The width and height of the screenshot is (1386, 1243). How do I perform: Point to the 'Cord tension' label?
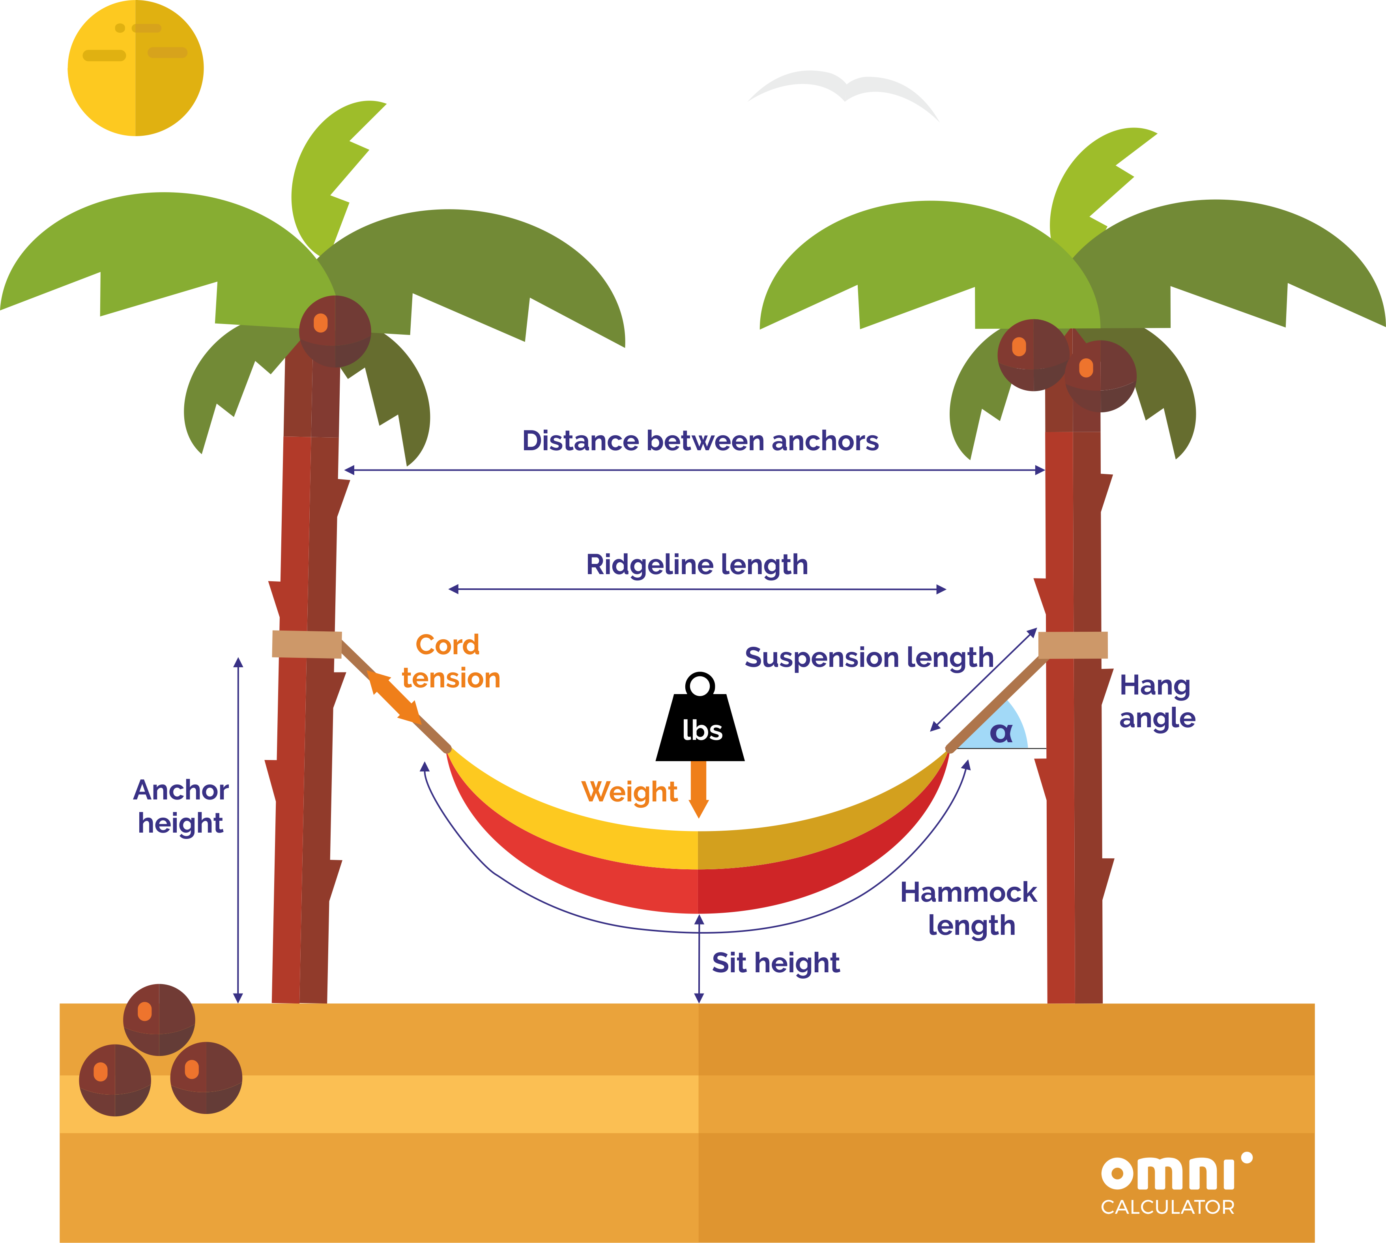coord(451,661)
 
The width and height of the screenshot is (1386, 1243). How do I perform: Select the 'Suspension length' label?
coord(868,658)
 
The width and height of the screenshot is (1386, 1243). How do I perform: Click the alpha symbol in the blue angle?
coord(1001,733)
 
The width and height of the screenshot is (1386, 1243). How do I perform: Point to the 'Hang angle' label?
coord(1157,702)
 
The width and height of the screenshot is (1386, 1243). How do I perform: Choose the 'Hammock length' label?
coord(969,909)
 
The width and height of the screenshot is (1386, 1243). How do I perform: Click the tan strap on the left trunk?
coord(307,644)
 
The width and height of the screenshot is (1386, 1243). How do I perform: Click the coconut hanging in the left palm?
coord(335,331)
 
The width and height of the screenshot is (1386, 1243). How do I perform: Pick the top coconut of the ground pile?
coord(159,1020)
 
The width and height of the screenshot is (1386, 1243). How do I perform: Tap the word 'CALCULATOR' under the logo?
coord(1167,1207)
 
